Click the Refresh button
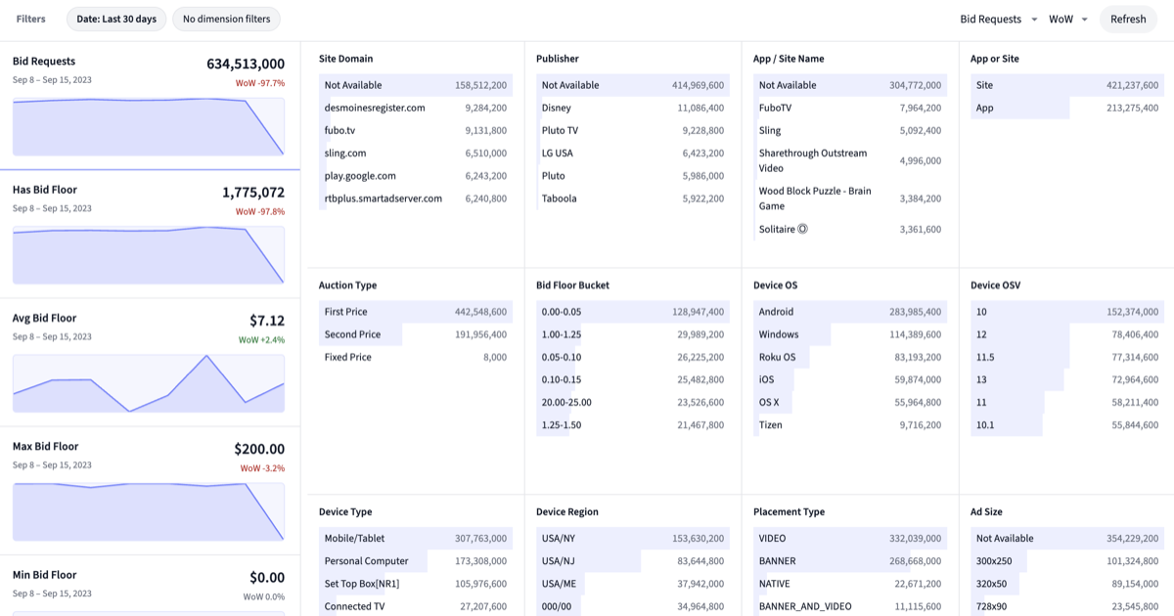[x=1127, y=19]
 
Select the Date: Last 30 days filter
[x=116, y=19]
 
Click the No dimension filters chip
[x=226, y=19]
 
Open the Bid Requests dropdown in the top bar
[x=998, y=19]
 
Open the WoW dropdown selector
[x=1067, y=19]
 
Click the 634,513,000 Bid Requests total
[x=246, y=64]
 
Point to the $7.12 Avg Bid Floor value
[x=267, y=321]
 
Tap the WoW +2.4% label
[x=261, y=340]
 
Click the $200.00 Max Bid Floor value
[x=259, y=449]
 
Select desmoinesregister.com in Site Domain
[x=375, y=108]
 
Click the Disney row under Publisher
[x=557, y=108]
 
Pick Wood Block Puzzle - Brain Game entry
[x=814, y=198]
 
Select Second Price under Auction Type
[x=352, y=334]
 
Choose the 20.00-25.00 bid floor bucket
[x=566, y=402]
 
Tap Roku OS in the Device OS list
[x=777, y=357]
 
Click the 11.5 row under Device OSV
[x=985, y=357]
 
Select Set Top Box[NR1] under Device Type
[x=362, y=584]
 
